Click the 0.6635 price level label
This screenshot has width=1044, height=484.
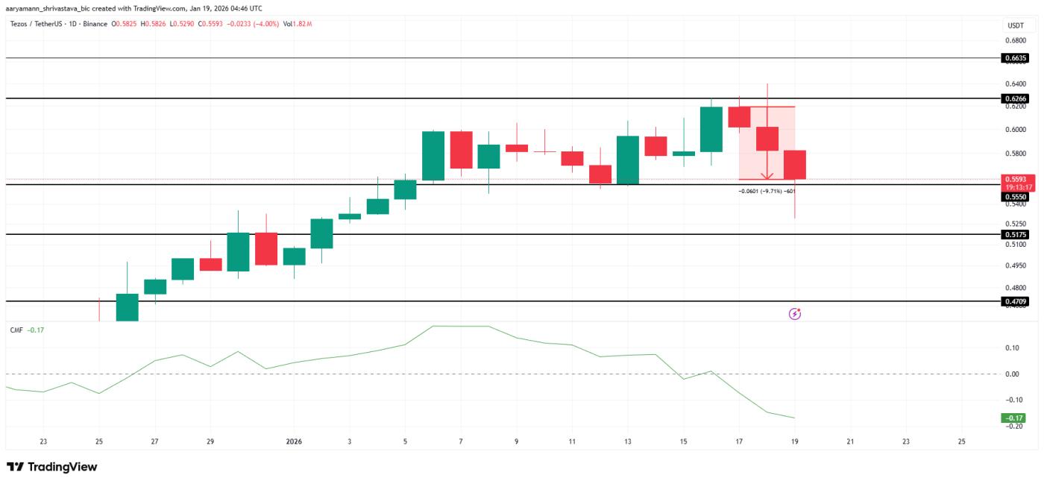(1016, 57)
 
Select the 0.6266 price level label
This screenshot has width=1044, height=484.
(1016, 98)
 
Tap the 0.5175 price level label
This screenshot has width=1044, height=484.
(1016, 234)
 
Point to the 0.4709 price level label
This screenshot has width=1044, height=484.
(1016, 301)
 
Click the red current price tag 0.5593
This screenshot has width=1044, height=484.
(1016, 180)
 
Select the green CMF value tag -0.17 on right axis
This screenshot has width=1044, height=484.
(1014, 418)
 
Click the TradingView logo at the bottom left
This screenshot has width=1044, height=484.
(52, 467)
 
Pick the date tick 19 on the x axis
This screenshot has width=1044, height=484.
(795, 441)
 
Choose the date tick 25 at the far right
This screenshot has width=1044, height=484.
(960, 441)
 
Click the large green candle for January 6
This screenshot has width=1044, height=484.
(433, 156)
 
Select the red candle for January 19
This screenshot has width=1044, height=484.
(795, 165)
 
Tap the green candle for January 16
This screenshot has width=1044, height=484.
(711, 129)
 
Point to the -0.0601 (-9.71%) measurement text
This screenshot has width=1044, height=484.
(770, 191)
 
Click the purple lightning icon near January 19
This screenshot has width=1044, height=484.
(795, 314)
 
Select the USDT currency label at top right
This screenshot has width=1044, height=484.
(1015, 25)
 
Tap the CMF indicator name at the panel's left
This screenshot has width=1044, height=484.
(16, 330)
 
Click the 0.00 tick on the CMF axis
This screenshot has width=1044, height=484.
(1012, 374)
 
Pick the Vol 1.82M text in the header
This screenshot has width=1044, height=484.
(298, 24)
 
